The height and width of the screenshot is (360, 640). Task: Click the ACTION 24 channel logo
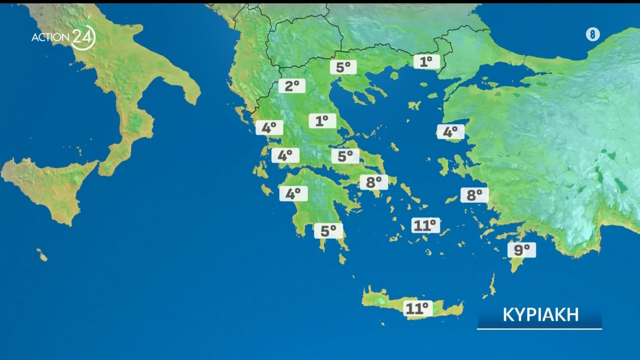(63, 37)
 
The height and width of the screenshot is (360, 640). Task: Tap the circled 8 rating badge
(593, 34)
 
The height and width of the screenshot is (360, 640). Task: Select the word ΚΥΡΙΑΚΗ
(540, 315)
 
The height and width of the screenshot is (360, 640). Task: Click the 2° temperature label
(292, 86)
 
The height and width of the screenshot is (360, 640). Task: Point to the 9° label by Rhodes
(522, 250)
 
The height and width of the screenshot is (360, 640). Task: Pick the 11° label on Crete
(418, 308)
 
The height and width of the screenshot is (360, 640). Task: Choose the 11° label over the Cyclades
(425, 225)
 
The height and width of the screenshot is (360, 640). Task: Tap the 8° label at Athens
(374, 182)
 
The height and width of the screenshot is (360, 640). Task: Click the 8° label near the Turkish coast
(474, 195)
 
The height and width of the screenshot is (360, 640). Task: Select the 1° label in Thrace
(427, 62)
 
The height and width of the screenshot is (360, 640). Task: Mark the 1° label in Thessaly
(322, 121)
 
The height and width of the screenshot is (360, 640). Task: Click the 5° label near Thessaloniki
(343, 67)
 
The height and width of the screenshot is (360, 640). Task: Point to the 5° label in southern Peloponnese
(328, 231)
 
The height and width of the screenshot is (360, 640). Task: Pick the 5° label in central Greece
(345, 156)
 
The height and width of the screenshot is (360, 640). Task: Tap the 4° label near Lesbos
(450, 132)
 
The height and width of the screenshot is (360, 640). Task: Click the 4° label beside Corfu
(269, 128)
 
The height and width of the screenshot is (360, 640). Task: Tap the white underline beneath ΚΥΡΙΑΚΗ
(539, 329)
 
